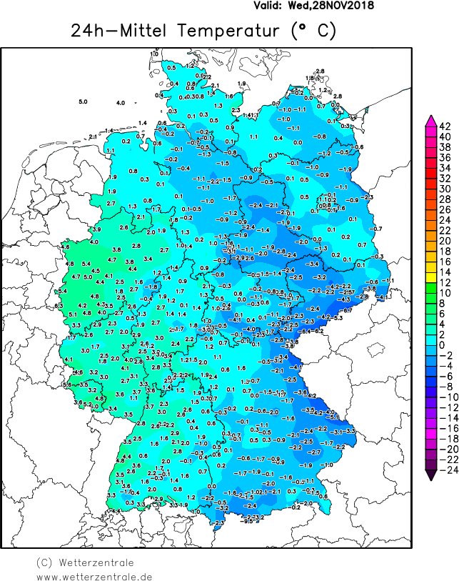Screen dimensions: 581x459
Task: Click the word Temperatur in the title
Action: click(x=229, y=32)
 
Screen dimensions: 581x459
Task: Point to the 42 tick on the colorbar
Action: click(x=444, y=126)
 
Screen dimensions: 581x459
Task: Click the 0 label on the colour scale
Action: click(x=444, y=344)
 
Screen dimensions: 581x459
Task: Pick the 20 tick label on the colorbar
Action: click(x=444, y=241)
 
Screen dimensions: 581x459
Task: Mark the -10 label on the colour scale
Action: click(x=444, y=396)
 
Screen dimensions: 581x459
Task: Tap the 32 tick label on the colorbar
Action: click(x=444, y=178)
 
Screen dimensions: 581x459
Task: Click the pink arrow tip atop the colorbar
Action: click(x=430, y=119)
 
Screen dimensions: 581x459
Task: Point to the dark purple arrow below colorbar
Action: click(x=430, y=472)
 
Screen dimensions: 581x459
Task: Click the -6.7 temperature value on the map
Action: click(x=348, y=310)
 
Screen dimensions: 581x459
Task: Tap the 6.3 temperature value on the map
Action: click(x=59, y=306)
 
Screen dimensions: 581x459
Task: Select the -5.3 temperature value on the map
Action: click(x=338, y=317)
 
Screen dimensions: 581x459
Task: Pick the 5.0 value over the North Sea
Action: click(x=83, y=102)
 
